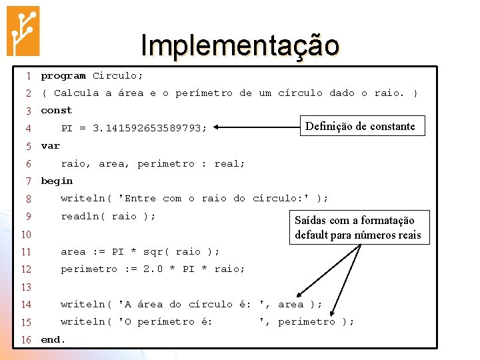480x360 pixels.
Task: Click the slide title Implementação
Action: pyautogui.click(x=240, y=45)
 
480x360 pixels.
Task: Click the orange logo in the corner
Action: pyautogui.click(x=23, y=31)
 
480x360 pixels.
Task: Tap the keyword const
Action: pyautogui.click(x=57, y=111)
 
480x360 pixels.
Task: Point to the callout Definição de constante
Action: pyautogui.click(x=360, y=126)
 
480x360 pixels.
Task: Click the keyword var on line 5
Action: pyautogui.click(x=51, y=146)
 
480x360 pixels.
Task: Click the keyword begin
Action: pyautogui.click(x=57, y=181)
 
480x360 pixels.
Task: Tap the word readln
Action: pyautogui.click(x=79, y=217)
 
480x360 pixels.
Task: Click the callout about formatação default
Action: pyautogui.click(x=358, y=227)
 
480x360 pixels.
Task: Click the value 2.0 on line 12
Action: pyautogui.click(x=153, y=269)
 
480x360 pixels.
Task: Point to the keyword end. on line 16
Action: pyautogui.click(x=53, y=340)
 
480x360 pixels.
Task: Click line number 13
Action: pyautogui.click(x=26, y=287)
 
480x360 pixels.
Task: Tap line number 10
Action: pyautogui.click(x=26, y=235)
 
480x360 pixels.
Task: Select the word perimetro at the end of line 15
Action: pyautogui.click(x=306, y=322)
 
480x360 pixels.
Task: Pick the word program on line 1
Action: pyautogui.click(x=63, y=76)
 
